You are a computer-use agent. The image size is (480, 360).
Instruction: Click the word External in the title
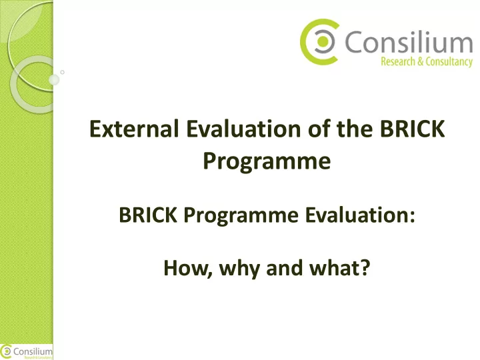(134, 129)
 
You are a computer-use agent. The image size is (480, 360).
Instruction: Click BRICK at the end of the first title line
(413, 129)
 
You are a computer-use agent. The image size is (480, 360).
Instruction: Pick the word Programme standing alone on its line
(267, 161)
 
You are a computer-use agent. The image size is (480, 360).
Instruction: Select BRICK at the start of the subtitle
(148, 215)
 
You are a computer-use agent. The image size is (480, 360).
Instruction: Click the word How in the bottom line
(188, 268)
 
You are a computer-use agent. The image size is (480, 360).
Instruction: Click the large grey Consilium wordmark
(409, 41)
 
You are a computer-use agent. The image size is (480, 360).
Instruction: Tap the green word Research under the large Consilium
(398, 61)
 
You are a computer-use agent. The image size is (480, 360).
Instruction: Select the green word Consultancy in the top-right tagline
(449, 62)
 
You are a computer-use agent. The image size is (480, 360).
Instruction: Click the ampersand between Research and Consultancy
(420, 61)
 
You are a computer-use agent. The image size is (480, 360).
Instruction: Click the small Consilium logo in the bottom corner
(26, 352)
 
